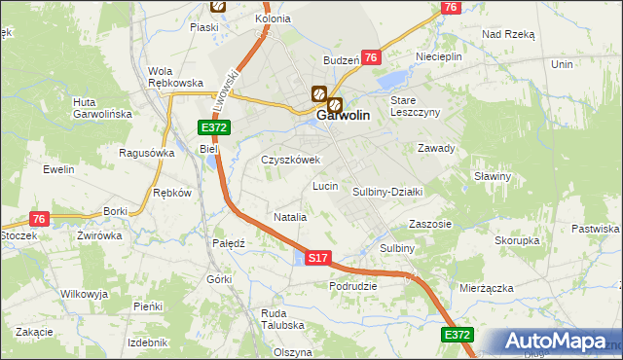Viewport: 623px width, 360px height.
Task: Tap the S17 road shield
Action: click(318, 258)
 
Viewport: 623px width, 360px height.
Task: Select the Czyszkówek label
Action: click(289, 160)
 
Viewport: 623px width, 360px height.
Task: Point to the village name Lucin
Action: click(324, 185)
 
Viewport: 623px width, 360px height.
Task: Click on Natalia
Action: click(290, 217)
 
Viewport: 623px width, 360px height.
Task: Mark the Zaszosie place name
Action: click(430, 223)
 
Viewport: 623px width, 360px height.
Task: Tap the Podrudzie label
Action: click(352, 286)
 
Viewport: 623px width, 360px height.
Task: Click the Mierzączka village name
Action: click(485, 288)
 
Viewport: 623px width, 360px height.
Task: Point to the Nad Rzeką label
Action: click(508, 33)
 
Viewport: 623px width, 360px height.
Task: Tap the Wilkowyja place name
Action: click(84, 293)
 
